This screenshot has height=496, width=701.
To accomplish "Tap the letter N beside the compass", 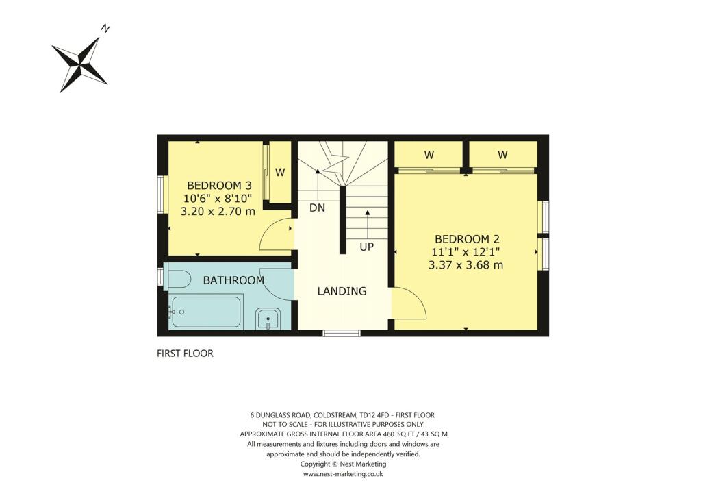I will coord(105,29).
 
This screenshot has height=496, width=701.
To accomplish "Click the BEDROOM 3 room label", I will coord(219,186).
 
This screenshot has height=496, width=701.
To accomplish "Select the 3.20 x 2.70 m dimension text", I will coord(218,212).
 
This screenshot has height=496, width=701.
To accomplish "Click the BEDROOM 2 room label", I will coord(467,239).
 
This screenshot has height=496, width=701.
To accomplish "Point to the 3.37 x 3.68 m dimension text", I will coord(466,265).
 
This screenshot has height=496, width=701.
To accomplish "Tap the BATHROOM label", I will coord(233,280).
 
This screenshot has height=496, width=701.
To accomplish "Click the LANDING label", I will coord(342,291).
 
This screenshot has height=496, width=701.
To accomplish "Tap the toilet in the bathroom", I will coord(178,279).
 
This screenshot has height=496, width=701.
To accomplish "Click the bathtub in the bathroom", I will coord(205,312).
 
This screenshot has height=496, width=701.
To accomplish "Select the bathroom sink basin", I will coord(267,319).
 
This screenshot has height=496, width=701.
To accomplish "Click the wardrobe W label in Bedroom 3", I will coord(280,173).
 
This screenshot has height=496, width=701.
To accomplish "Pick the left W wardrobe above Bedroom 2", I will coord(429,156).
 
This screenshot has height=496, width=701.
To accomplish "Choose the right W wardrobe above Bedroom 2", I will coord(502,156).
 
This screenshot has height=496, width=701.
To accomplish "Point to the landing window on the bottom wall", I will coord(342,334).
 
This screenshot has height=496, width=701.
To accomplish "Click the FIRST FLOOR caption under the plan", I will coord(185,354).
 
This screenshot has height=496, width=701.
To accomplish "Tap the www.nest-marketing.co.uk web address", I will coord(342,473).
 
